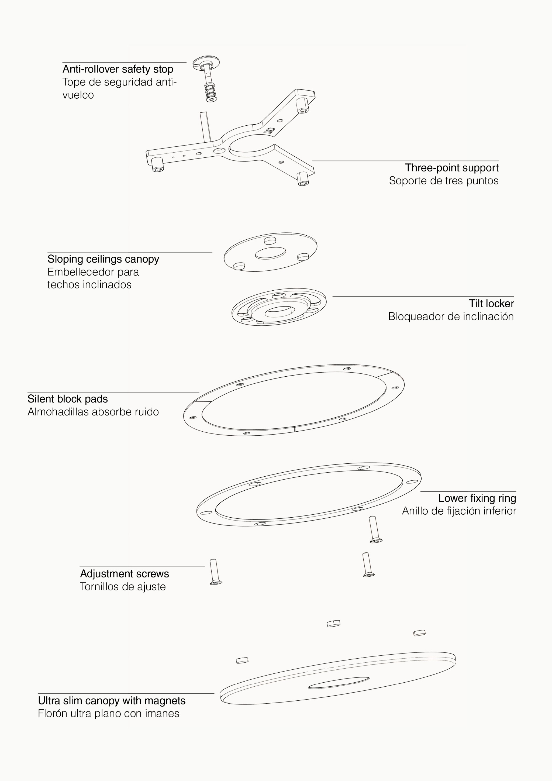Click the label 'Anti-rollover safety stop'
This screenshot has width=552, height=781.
[118, 69]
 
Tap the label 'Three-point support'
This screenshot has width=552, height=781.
[452, 168]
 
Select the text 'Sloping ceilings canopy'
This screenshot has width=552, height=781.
[103, 259]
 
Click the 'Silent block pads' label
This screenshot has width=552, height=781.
[68, 399]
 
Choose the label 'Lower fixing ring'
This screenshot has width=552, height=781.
[477, 498]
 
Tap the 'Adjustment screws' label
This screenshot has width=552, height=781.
[125, 574]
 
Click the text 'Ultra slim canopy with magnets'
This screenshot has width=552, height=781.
[112, 701]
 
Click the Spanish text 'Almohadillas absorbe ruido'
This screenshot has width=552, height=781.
[93, 412]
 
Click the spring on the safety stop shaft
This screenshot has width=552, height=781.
[211, 90]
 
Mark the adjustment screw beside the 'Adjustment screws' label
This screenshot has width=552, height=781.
[215, 572]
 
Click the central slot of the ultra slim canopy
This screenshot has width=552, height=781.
[339, 683]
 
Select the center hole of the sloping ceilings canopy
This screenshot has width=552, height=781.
[270, 253]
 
